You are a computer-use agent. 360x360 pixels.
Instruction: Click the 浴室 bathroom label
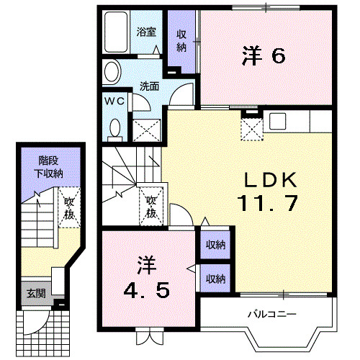click(146, 32)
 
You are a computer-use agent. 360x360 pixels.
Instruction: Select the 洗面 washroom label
click(150, 85)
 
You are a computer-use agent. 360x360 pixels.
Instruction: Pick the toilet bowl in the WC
click(114, 127)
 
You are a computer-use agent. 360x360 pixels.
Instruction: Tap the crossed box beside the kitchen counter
click(251, 129)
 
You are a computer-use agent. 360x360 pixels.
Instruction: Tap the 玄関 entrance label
click(35, 293)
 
